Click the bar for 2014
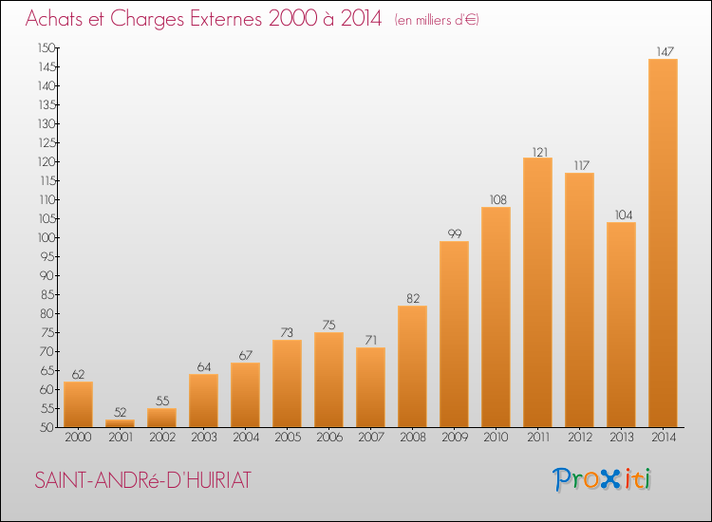(x=663, y=243)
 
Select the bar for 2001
(x=120, y=423)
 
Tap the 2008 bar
(x=412, y=366)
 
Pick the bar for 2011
(x=537, y=292)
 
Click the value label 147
(x=665, y=52)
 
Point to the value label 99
(x=455, y=233)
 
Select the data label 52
(x=120, y=412)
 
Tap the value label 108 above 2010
(x=497, y=199)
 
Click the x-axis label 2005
(x=288, y=438)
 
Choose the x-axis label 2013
(x=622, y=438)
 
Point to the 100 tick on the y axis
(x=47, y=238)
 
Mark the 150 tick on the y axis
(x=47, y=48)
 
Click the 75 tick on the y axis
(x=47, y=333)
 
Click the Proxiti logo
(x=602, y=479)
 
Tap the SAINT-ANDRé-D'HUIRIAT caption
(x=142, y=480)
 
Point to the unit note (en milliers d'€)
(x=437, y=20)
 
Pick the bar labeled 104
(x=621, y=325)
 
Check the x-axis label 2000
(x=78, y=438)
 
